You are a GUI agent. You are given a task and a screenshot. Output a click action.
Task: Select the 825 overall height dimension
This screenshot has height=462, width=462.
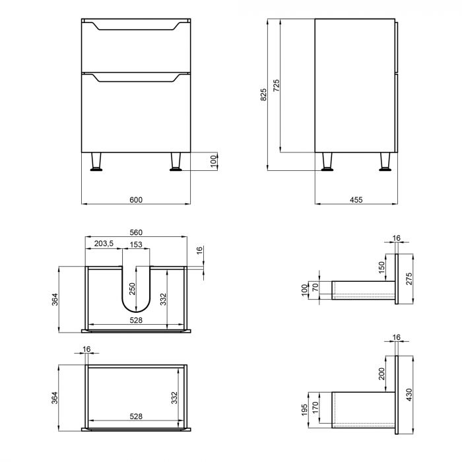(x=264, y=95)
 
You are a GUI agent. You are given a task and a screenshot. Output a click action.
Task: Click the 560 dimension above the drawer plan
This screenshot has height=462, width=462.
(x=137, y=233)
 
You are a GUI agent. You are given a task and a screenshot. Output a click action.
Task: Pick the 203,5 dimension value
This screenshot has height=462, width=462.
(x=104, y=244)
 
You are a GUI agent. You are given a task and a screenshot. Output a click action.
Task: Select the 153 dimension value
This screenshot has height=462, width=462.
(x=136, y=244)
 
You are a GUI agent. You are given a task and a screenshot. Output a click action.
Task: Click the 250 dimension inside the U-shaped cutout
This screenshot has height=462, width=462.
(x=132, y=288)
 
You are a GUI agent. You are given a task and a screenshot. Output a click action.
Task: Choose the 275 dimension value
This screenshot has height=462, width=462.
(x=410, y=279)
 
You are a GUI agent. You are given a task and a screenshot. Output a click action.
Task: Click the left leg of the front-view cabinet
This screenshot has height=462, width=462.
(x=97, y=162)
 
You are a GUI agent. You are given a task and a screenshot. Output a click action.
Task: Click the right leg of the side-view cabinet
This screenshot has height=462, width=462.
(x=385, y=162)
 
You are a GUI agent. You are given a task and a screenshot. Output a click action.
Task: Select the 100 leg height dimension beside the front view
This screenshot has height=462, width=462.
(x=213, y=162)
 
